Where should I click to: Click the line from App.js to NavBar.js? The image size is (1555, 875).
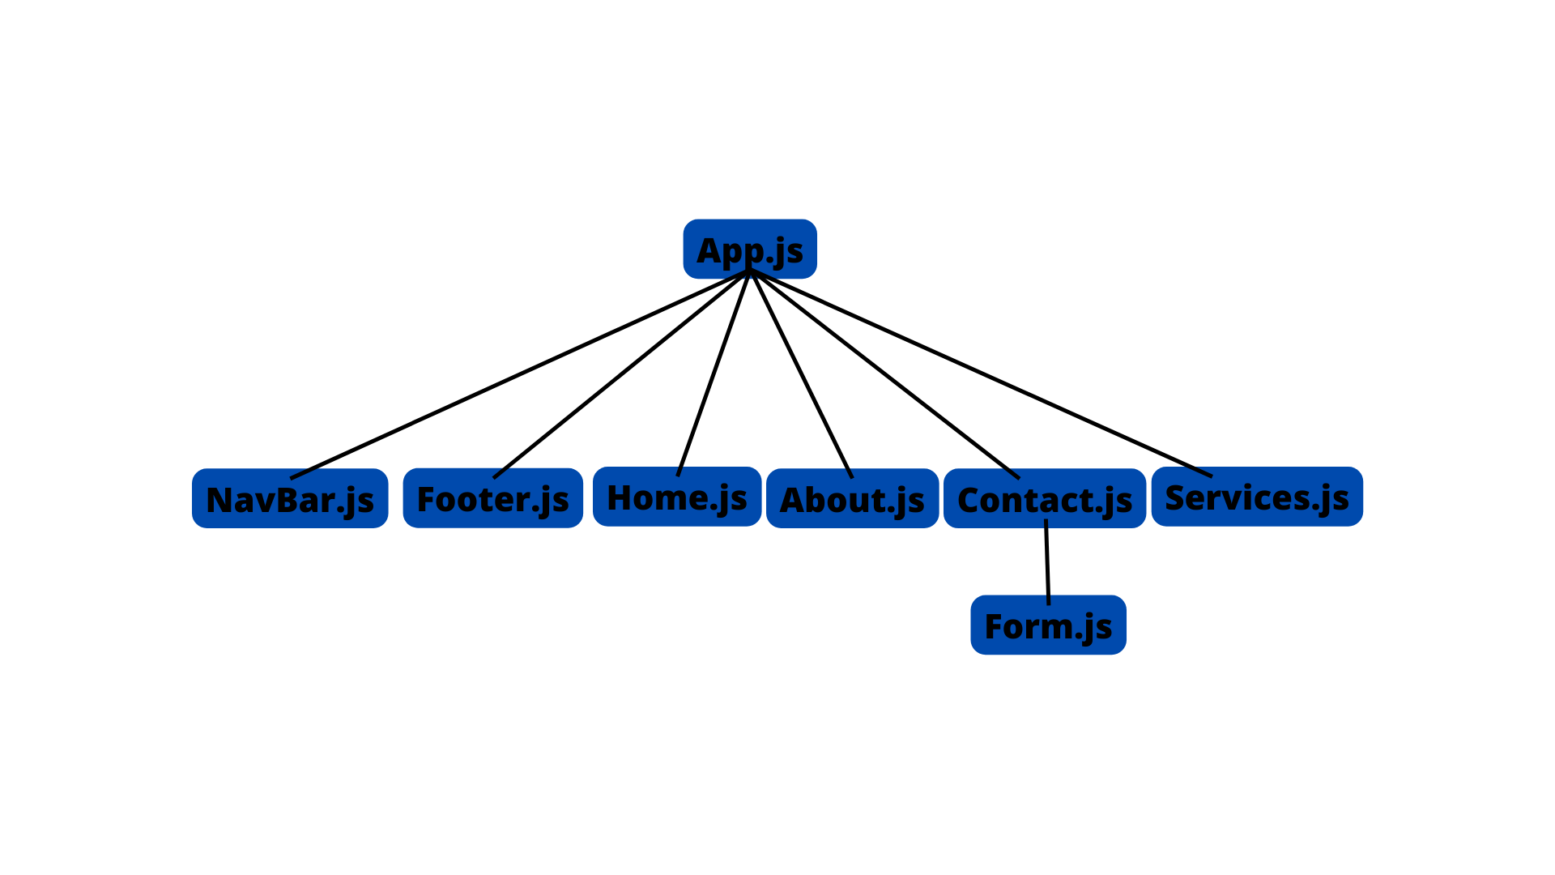pyautogui.click(x=518, y=375)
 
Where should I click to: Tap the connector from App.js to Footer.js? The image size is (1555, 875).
pyautogui.click(x=620, y=375)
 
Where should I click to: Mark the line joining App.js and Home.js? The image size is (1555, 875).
pyautogui.click(x=713, y=373)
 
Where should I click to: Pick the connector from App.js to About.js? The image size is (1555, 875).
pyautogui.click(x=801, y=373)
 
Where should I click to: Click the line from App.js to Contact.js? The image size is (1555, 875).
pyautogui.click(x=884, y=373)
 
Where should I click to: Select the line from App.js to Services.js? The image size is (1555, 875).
pyautogui.click(x=980, y=373)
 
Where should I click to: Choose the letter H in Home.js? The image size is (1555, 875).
pyautogui.click(x=620, y=498)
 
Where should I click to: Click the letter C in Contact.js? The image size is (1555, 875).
pyautogui.click(x=970, y=501)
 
